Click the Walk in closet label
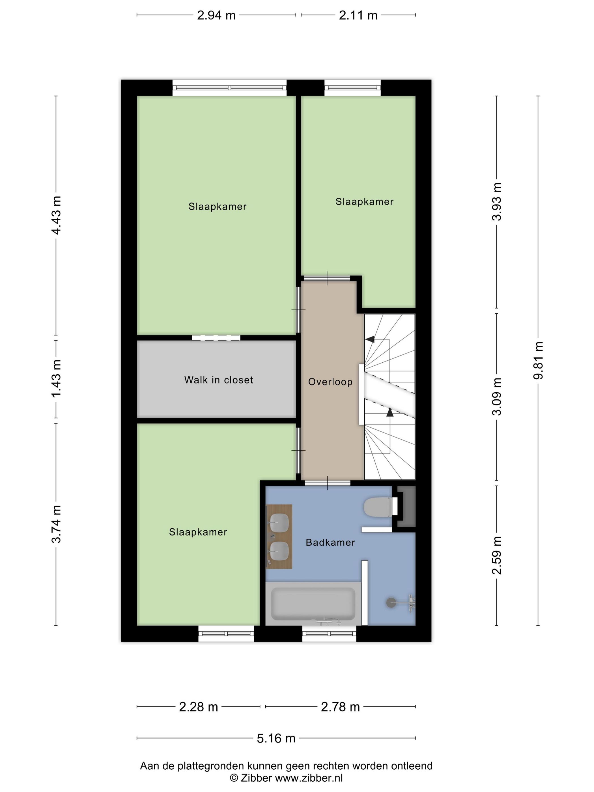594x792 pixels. [218, 380]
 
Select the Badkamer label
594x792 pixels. [330, 543]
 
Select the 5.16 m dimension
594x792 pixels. [276, 738]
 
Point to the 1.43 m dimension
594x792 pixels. [56, 378]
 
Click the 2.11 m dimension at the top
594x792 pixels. [358, 15]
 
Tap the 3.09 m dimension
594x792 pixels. [497, 396]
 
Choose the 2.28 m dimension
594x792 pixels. [198, 707]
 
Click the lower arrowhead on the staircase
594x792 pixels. [390, 413]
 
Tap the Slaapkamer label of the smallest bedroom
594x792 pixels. [364, 202]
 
